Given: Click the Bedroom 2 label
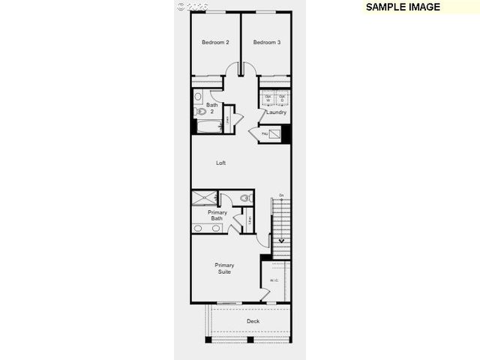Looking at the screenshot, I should tap(215, 43).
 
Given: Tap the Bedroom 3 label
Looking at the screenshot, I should tap(266, 43).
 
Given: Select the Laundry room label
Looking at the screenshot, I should tap(276, 112).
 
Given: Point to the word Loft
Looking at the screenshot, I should tap(220, 163).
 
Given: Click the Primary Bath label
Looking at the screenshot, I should tap(217, 215).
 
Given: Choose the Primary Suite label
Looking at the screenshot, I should tap(224, 268).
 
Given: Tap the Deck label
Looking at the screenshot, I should tap(253, 322).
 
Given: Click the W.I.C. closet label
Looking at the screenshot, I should tap(274, 281).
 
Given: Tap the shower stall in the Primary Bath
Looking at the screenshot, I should tap(204, 199).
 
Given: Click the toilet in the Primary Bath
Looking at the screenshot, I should tap(245, 199).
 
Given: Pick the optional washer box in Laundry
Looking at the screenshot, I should tap(268, 97).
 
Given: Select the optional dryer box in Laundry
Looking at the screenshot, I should tap(282, 97).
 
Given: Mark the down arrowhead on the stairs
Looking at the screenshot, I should tap(282, 241).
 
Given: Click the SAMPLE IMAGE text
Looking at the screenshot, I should tap(402, 7).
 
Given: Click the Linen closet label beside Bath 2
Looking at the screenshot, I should tap(228, 118).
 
